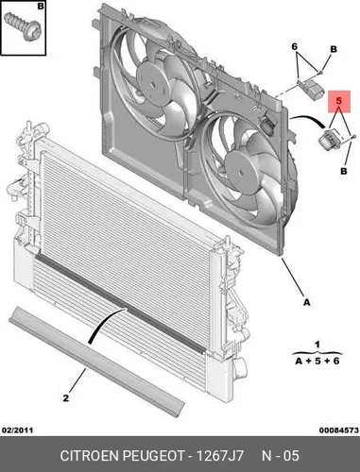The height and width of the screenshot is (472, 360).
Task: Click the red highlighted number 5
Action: (339, 101)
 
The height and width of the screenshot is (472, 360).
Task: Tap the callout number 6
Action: (295, 47)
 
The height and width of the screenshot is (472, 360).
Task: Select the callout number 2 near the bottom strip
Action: (65, 398)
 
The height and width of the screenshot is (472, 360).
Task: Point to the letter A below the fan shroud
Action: (307, 302)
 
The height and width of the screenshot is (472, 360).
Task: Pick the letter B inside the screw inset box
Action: (41, 6)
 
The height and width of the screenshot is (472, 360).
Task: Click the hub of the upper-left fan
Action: (153, 84)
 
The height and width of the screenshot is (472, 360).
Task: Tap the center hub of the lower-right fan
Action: (241, 173)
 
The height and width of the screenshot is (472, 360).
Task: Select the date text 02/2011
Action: (17, 430)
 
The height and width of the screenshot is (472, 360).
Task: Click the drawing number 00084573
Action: (339, 430)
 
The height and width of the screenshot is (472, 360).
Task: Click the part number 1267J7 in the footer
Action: (220, 456)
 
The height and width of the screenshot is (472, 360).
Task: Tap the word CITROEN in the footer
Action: (90, 456)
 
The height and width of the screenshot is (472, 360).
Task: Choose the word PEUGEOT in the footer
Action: (153, 456)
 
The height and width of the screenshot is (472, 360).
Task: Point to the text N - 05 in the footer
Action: (281, 456)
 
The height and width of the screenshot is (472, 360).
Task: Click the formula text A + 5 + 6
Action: (317, 361)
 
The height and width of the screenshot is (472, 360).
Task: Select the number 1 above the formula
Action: (317, 345)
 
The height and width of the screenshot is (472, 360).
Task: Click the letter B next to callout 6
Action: (334, 49)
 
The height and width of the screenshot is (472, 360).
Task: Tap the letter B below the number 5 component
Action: (344, 171)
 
